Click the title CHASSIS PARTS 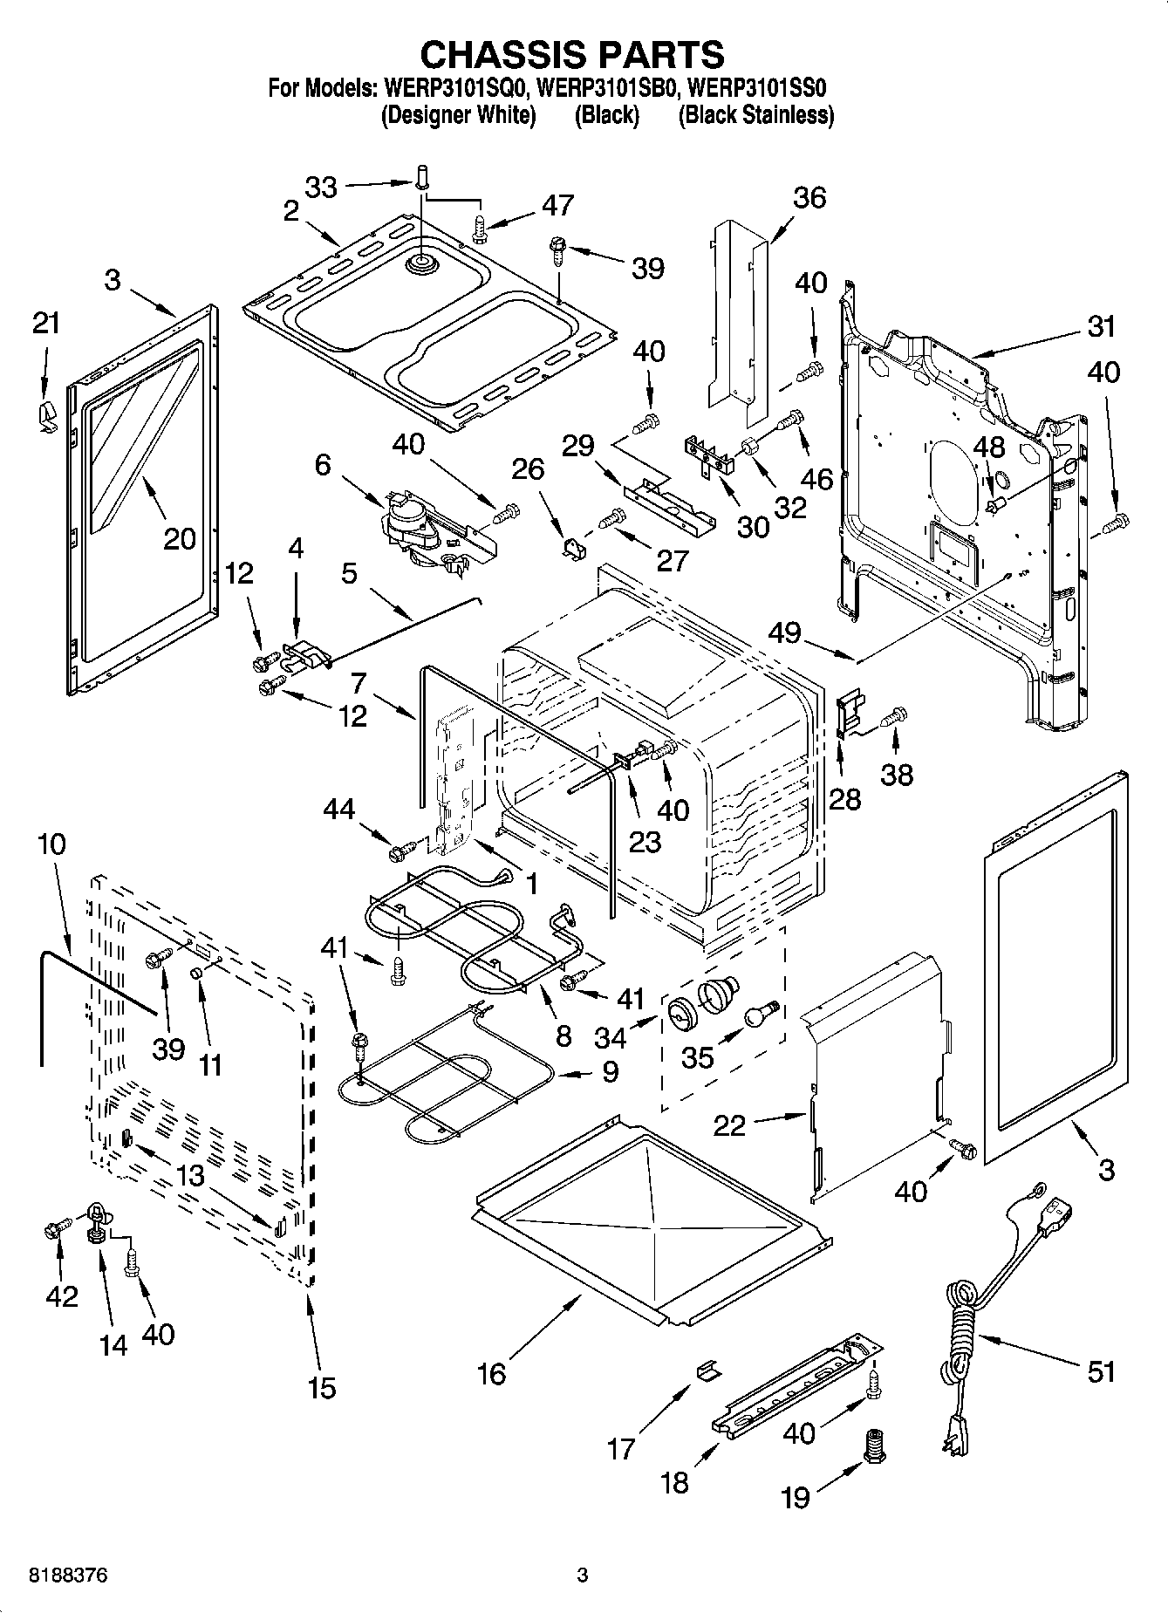[572, 54]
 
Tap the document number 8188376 [69, 1575]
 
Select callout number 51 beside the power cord [1101, 1370]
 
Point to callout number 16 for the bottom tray [491, 1374]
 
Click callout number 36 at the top [809, 197]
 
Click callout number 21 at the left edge [46, 323]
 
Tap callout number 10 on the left [51, 844]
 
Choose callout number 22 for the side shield [729, 1124]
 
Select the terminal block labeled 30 [709, 455]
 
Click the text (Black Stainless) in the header [755, 115]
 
